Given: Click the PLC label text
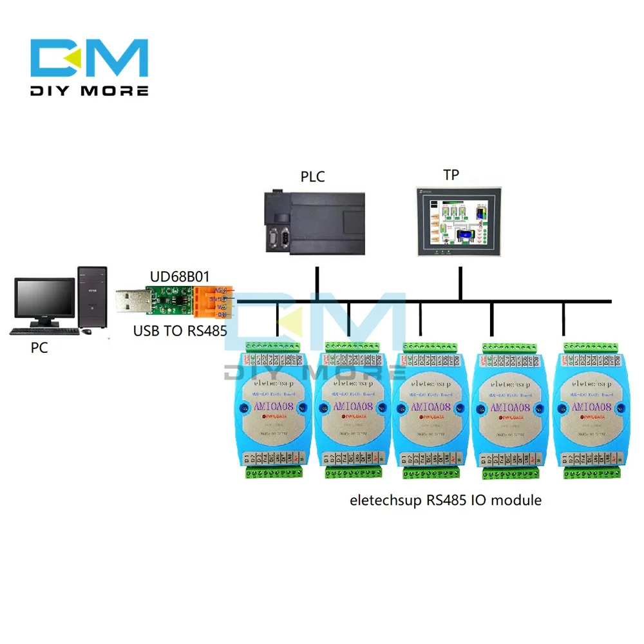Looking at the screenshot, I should click(312, 176).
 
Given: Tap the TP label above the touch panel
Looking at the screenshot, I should click(451, 175).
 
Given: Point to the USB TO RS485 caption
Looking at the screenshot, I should click(178, 332).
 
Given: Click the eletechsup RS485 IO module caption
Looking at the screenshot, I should click(445, 499).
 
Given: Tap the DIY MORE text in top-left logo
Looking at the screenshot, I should click(90, 91).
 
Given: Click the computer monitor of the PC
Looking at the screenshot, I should click(45, 301).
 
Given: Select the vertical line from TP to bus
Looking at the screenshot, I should click(460, 283).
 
